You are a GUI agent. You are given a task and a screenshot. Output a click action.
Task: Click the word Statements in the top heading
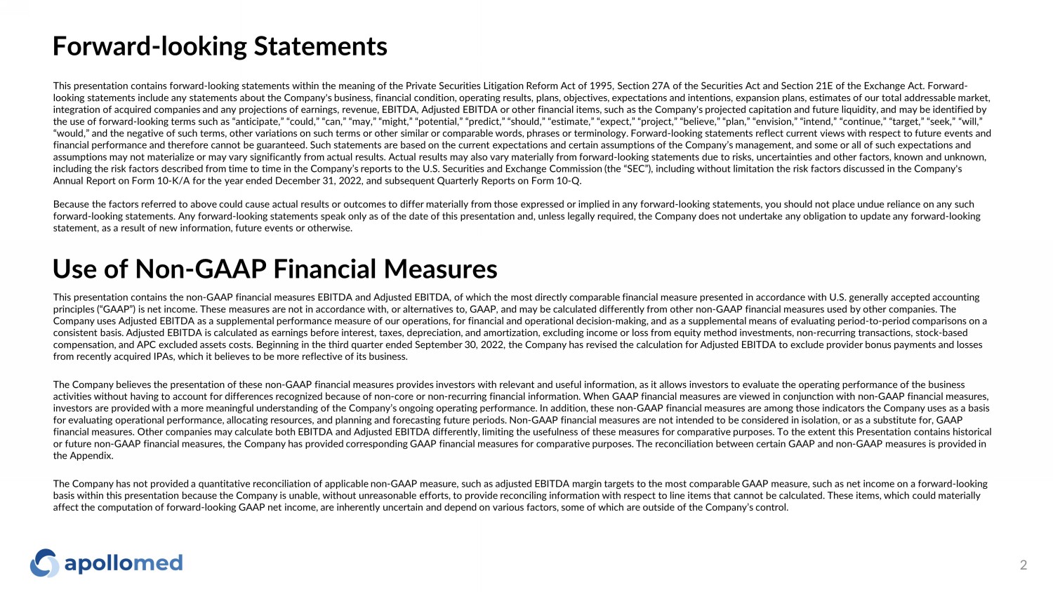[x=320, y=46]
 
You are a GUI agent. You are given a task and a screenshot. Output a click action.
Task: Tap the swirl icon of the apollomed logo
[x=44, y=563]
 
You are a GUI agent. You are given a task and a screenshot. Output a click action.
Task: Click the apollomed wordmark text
[x=124, y=563]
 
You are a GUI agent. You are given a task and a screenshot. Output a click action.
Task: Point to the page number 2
[x=1023, y=565]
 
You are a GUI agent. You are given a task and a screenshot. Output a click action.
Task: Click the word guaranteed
[x=276, y=145]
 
